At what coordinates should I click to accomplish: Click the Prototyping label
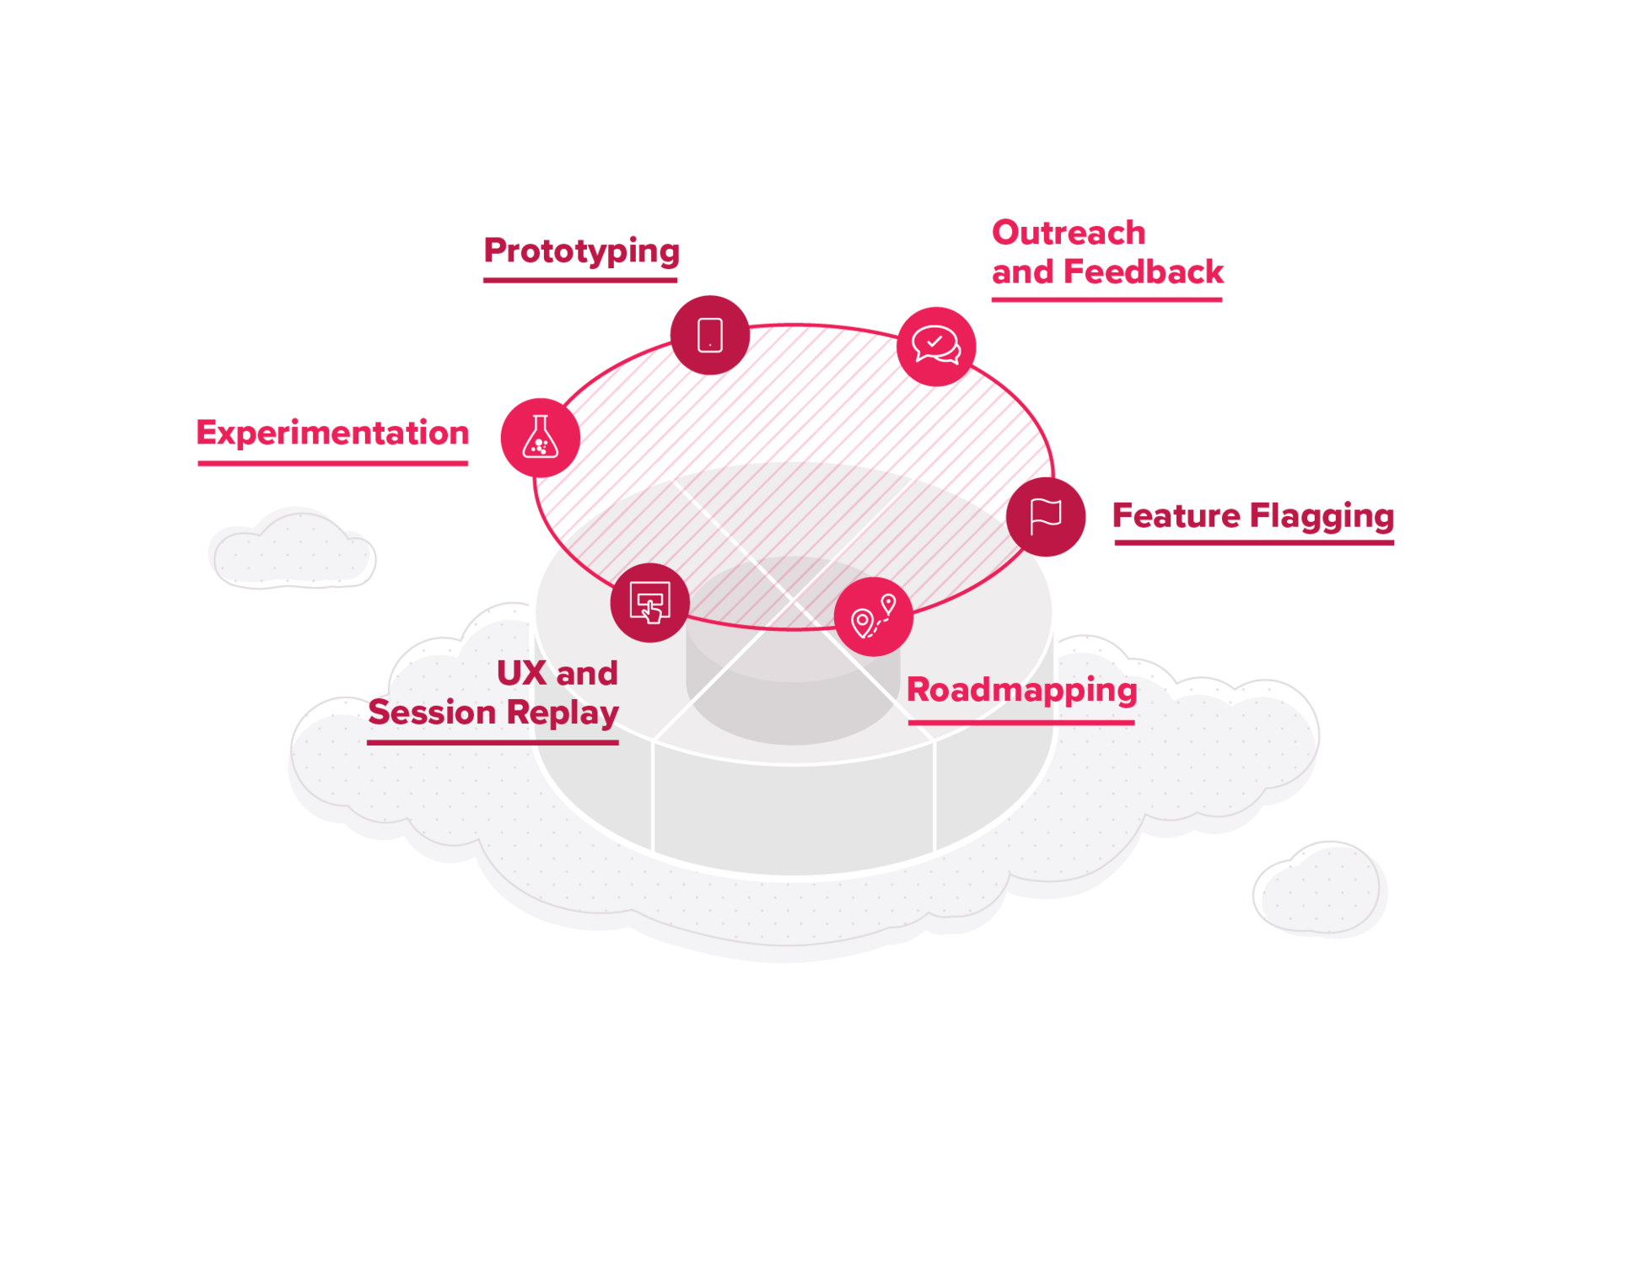tap(582, 251)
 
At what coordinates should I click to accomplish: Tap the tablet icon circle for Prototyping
tap(710, 335)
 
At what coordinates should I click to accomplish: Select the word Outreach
tap(1069, 233)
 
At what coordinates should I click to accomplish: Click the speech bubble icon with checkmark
tap(936, 347)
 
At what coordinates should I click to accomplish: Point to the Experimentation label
tap(332, 433)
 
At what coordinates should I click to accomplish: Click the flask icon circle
tap(541, 438)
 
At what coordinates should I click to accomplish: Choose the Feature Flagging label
tap(1253, 516)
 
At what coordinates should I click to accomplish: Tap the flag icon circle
tap(1046, 517)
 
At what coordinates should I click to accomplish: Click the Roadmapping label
tap(1022, 691)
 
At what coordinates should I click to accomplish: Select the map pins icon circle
tap(874, 616)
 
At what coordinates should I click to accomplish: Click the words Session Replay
tap(493, 713)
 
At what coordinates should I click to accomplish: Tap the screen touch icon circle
tap(650, 602)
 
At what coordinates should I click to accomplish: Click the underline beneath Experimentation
tap(333, 463)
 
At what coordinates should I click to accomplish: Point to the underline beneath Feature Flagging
tap(1254, 543)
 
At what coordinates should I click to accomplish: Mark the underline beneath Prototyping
tap(580, 280)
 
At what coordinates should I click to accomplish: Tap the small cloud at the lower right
tap(1320, 889)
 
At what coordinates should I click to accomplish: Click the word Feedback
tap(1144, 272)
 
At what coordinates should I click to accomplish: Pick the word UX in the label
tap(521, 674)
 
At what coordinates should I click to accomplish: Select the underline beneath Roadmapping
tap(1021, 723)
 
